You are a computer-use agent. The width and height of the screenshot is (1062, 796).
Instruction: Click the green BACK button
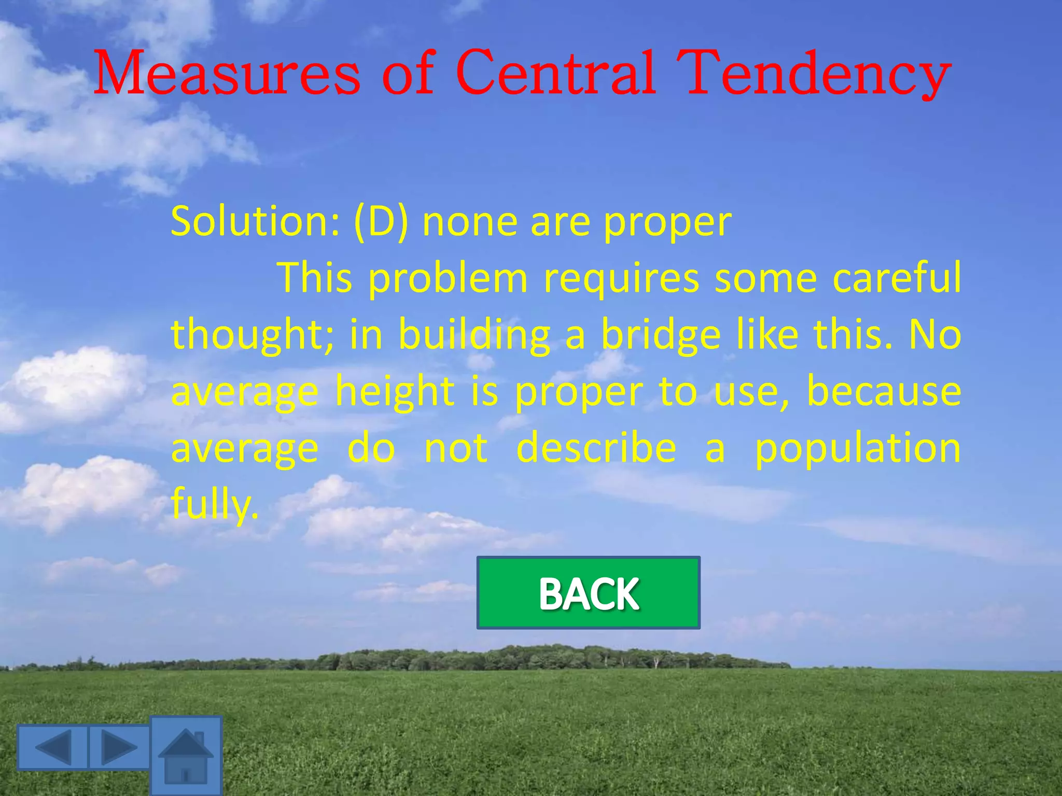pos(588,592)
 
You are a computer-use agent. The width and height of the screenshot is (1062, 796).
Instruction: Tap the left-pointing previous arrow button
pos(53,747)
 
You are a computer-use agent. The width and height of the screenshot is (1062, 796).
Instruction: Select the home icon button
pos(186,756)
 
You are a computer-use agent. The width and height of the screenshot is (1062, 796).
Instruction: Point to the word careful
pos(897,278)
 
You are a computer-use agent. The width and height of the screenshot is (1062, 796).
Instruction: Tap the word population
pos(857,449)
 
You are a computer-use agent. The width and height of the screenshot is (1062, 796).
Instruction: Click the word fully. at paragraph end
pos(214,504)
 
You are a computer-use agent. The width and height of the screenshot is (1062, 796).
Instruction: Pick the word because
pos(884,391)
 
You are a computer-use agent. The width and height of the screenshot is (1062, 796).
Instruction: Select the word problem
pos(448,279)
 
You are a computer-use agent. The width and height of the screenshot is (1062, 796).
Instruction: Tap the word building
pos(474,335)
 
